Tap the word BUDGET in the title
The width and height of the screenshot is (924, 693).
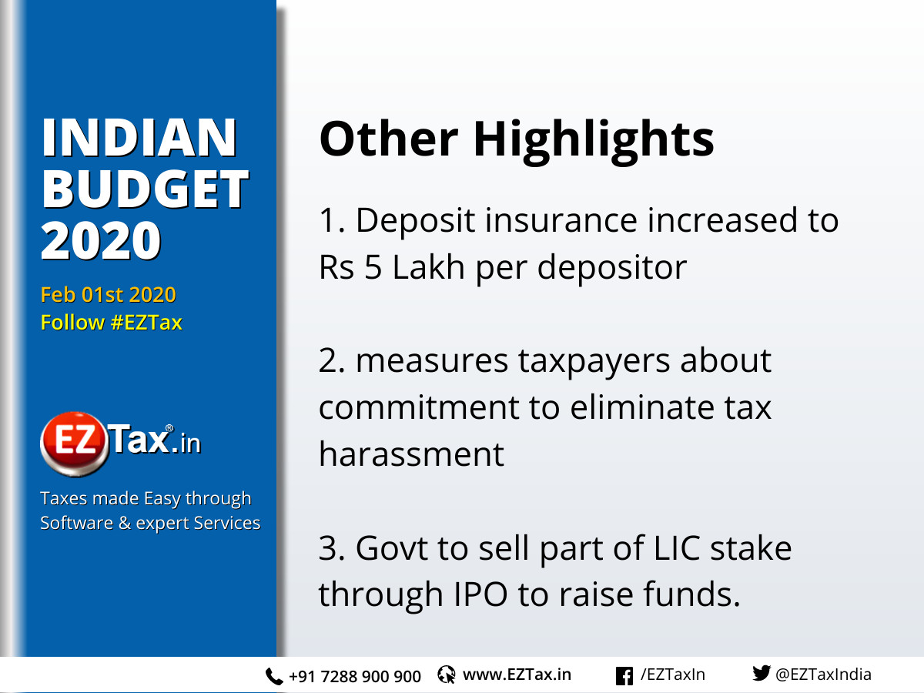click(x=145, y=189)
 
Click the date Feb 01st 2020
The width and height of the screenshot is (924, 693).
click(x=108, y=295)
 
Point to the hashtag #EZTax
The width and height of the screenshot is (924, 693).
click(x=146, y=323)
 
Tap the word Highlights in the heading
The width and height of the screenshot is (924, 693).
click(x=593, y=140)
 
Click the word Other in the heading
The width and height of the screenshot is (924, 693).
click(x=389, y=139)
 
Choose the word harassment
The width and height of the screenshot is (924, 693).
click(x=411, y=454)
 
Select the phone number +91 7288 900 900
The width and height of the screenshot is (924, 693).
click(x=355, y=677)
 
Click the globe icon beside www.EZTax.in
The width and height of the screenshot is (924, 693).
click(x=447, y=675)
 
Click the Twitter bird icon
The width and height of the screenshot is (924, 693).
click(x=761, y=675)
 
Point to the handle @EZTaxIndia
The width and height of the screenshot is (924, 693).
click(x=823, y=675)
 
